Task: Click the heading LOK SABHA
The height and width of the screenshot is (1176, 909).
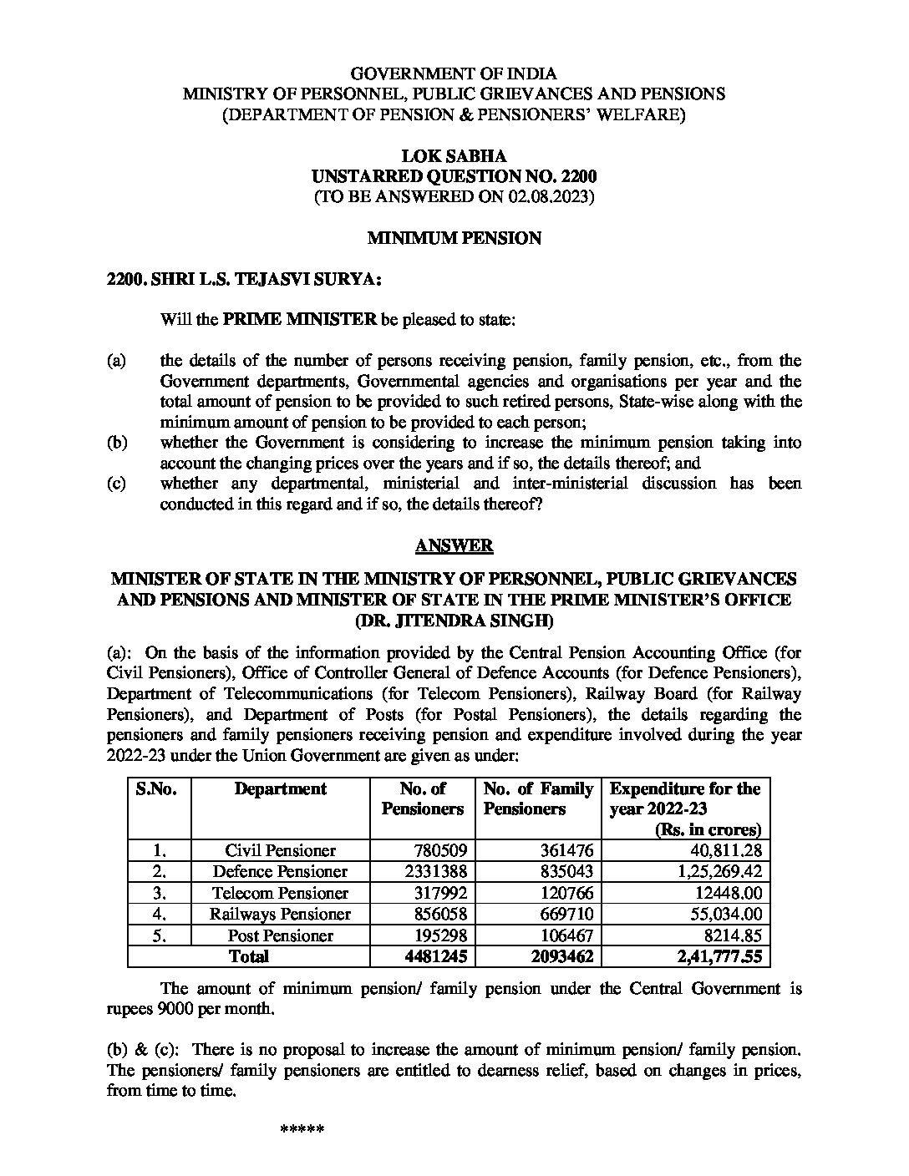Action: coord(454,156)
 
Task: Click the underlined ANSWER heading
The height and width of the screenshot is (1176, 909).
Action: coord(454,546)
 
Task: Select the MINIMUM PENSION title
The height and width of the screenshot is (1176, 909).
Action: coord(454,239)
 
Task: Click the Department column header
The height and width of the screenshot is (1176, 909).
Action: coord(280,789)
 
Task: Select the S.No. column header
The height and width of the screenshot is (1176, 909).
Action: coord(157,789)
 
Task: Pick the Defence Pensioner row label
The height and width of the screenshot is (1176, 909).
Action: coord(280,872)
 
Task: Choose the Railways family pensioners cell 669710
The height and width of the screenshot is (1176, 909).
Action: coord(565,915)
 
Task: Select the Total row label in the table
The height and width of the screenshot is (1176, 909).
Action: coord(249,957)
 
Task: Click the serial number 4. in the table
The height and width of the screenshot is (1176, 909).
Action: coord(159,915)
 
